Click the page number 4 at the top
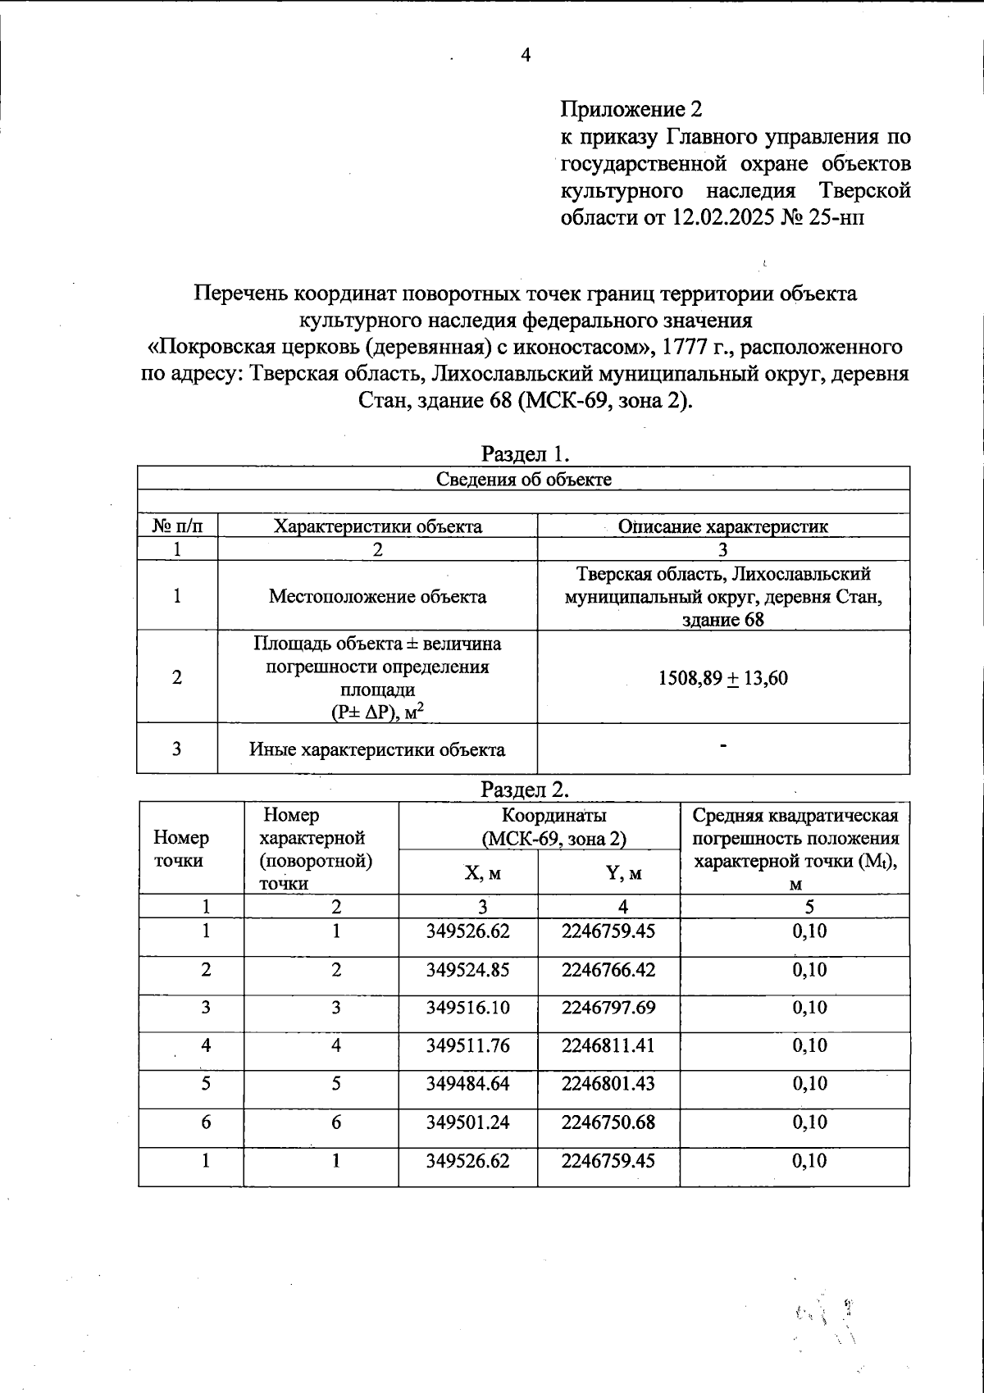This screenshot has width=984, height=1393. [526, 55]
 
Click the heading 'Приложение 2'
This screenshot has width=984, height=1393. [631, 109]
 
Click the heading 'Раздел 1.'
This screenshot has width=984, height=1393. [525, 453]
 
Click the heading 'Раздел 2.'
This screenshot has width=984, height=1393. [525, 789]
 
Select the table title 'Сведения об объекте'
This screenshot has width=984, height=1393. [523, 479]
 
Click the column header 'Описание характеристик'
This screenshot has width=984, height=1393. [723, 526]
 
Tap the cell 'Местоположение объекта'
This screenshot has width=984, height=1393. [377, 596]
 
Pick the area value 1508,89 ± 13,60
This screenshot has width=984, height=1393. [723, 677]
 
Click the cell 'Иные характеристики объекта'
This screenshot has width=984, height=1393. [377, 749]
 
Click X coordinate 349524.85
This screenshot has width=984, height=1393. [468, 970]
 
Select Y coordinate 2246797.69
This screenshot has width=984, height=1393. [608, 1008]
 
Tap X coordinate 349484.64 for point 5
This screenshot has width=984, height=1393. [468, 1084]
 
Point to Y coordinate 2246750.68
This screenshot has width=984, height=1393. [608, 1122]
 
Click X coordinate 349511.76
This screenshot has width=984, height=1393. [468, 1045]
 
